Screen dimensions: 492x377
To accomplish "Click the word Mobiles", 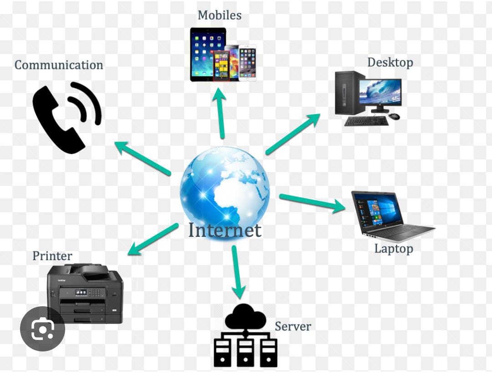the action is pyautogui.click(x=220, y=15).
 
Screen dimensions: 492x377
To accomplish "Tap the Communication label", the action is pyautogui.click(x=59, y=65).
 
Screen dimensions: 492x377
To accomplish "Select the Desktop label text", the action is pyautogui.click(x=390, y=63).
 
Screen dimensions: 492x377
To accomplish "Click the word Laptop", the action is pyautogui.click(x=394, y=249).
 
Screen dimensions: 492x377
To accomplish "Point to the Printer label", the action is pyautogui.click(x=52, y=256).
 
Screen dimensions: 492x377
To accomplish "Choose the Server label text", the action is pyautogui.click(x=293, y=326).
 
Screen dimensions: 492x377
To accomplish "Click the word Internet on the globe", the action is pyautogui.click(x=225, y=230).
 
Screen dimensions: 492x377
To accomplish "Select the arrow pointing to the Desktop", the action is pyautogui.click(x=293, y=134).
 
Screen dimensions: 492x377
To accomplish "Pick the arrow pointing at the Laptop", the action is pyautogui.click(x=312, y=203).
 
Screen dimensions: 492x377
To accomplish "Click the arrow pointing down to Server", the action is pyautogui.click(x=238, y=272).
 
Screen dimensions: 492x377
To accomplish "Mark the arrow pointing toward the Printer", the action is pyautogui.click(x=153, y=239).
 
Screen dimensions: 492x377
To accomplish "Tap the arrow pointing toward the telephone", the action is pyautogui.click(x=143, y=158).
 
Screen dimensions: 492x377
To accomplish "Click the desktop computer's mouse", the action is pyautogui.click(x=394, y=117).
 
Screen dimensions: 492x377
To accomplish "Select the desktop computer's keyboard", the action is pyautogui.click(x=366, y=121).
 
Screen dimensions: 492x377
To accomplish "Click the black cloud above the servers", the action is pyautogui.click(x=246, y=316).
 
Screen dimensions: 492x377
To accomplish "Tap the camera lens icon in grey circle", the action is pyautogui.click(x=42, y=329).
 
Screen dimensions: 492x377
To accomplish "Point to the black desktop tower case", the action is pyautogui.click(x=349, y=93).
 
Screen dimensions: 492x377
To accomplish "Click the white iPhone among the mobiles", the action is pyautogui.click(x=248, y=63).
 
